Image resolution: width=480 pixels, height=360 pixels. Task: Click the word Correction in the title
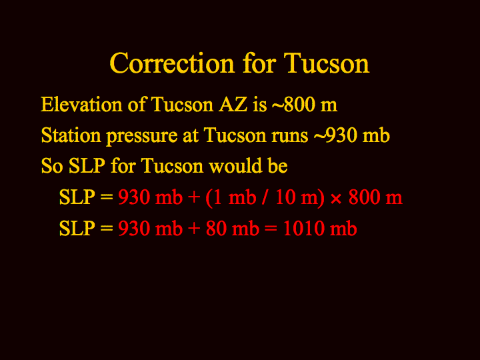pos(172,63)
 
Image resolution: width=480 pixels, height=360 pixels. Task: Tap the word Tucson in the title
pos(326,63)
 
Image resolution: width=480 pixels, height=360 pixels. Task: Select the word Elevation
pos(82,104)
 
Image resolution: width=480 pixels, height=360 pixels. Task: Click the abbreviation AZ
pos(233,104)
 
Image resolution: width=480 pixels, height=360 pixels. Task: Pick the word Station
pos(71,135)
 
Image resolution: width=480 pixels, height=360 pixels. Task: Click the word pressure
pos(142,137)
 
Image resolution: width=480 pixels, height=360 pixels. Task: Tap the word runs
pos(289,137)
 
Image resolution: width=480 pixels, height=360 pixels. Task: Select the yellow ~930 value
pos(335,135)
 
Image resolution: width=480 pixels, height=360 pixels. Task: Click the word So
pos(52,166)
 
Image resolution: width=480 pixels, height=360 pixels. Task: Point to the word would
pos(235,165)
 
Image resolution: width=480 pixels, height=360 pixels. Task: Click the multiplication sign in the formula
pos(336,199)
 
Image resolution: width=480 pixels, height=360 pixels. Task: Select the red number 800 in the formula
pos(364,197)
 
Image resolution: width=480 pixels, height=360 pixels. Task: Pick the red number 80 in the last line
pos(216,229)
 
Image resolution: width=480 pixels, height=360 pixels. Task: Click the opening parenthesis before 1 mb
pos(209,198)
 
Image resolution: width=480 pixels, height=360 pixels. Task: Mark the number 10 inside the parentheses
pos(285,197)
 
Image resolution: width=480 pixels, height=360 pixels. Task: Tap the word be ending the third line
pos(278,165)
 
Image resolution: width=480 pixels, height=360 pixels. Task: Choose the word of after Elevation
pos(137,104)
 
